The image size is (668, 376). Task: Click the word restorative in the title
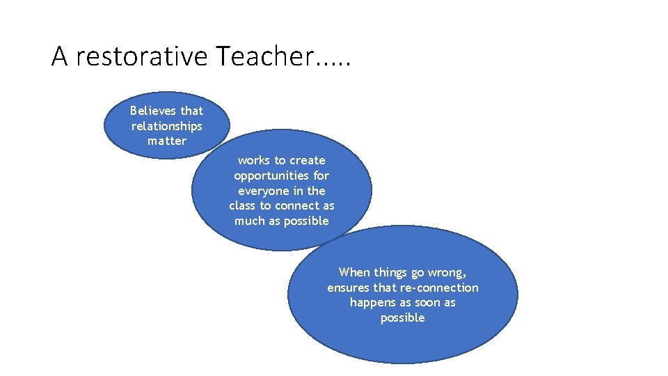141,56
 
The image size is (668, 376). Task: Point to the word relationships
167,126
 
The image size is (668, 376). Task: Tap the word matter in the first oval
167,141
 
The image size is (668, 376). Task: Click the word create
308,160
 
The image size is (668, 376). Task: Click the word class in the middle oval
242,206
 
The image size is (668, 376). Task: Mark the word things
392,272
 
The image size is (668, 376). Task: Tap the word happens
372,303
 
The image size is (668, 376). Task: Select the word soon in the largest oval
428,303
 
